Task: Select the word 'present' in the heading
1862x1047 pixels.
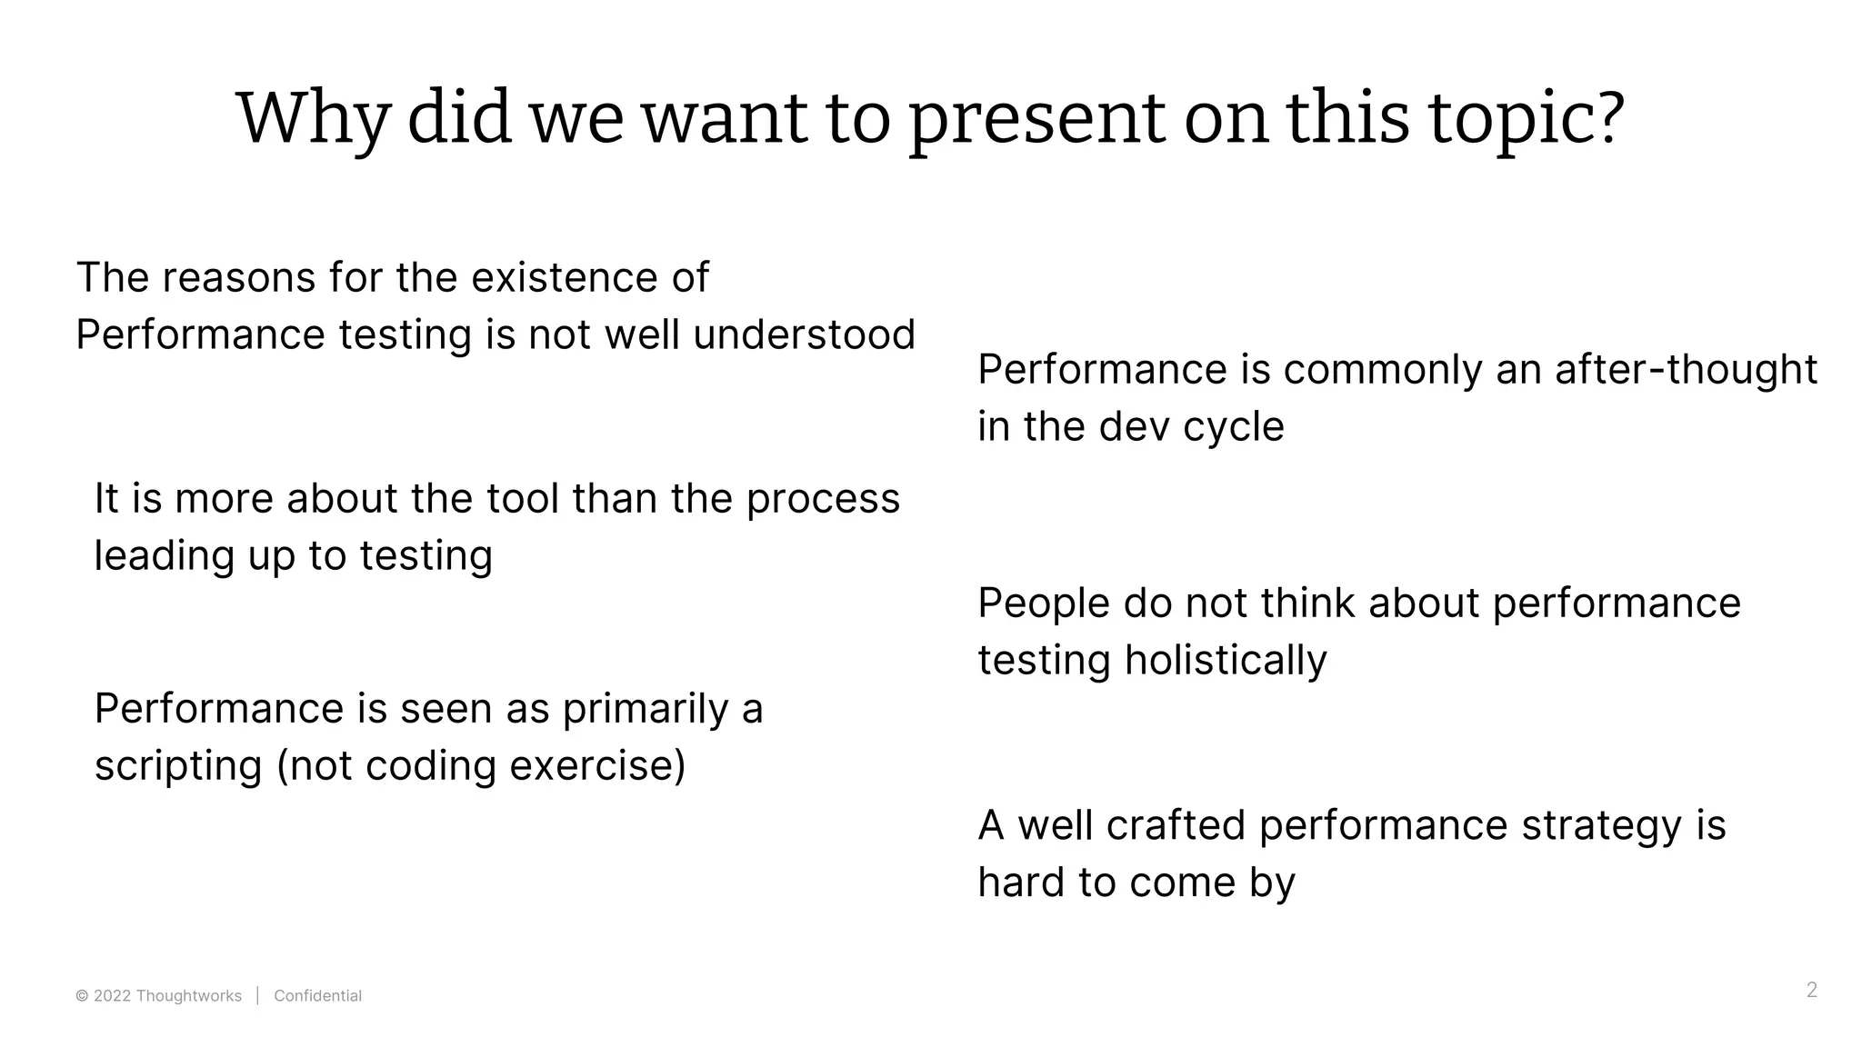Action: coord(1036,120)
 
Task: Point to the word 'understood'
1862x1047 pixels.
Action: coord(804,334)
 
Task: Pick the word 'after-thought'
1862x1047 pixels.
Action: coord(1686,370)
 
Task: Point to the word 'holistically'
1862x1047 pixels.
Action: coord(1226,661)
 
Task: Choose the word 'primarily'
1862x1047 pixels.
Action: coord(645,709)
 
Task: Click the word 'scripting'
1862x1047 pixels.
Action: coord(178,766)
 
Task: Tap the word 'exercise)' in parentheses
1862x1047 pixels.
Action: coord(597,766)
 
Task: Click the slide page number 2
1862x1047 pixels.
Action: coord(1811,990)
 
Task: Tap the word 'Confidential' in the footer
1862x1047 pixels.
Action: coord(317,996)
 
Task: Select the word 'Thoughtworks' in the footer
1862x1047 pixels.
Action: coord(188,996)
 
